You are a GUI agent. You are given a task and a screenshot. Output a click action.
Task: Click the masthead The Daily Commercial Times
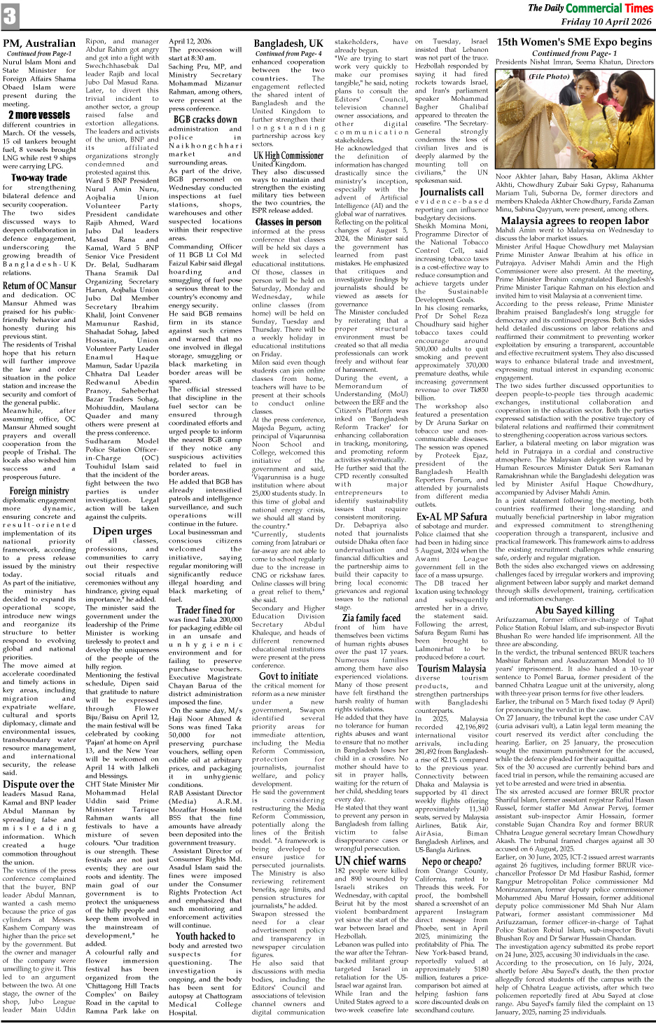point(589,8)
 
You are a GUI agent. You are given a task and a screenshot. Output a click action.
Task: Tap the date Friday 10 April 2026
point(606,22)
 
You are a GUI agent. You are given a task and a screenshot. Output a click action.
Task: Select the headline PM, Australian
point(39,43)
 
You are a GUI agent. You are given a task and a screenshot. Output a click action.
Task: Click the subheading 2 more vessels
point(39,115)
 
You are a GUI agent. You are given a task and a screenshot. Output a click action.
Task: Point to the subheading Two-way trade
point(39,178)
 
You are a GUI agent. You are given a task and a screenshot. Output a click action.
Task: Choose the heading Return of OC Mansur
point(39,286)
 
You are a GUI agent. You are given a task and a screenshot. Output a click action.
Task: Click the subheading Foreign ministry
point(39,491)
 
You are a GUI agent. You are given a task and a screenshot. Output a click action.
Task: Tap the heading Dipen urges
point(122,531)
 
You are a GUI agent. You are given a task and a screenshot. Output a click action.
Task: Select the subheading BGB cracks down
point(205,119)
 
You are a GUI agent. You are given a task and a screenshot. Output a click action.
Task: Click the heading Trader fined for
point(205,611)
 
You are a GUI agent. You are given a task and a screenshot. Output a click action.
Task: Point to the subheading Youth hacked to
point(205,935)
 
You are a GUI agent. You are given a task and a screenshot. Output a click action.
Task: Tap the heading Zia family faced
point(371,618)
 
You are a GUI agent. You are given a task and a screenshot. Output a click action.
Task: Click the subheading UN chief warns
point(371,861)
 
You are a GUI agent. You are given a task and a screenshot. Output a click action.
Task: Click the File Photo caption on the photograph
point(550,76)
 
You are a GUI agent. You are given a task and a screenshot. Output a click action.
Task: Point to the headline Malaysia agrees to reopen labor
point(575,220)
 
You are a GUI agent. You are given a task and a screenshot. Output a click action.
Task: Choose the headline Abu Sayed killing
point(575,610)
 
